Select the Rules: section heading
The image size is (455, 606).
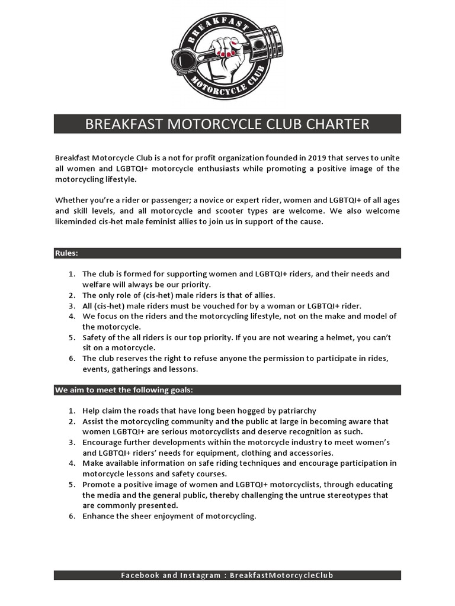tap(67, 253)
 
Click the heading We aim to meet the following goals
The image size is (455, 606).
tap(124, 390)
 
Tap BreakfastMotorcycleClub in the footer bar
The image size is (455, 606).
tap(286, 575)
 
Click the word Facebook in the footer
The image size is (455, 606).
tap(140, 575)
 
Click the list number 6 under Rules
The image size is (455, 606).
tap(71, 359)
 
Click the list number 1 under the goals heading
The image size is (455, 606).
tap(71, 411)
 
